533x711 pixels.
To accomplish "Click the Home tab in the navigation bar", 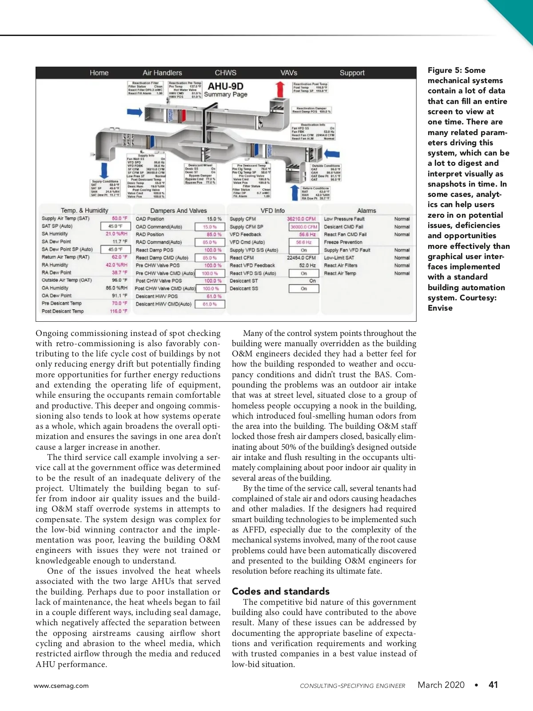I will [99, 73].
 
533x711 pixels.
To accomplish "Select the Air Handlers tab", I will [162, 73].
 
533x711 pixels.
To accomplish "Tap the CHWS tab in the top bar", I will [226, 73].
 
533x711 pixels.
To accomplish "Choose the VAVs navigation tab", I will [289, 73].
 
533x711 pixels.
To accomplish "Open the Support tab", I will [352, 73].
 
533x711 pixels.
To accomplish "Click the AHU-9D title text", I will [226, 86].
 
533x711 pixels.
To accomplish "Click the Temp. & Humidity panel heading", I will [84, 211].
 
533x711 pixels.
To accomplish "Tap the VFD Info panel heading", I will [273, 211].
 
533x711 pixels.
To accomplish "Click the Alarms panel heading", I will [366, 211].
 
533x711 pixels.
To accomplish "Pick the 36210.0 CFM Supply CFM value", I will [301, 219].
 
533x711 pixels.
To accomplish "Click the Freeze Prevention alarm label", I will [343, 242].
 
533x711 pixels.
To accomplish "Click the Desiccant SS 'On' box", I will [304, 288].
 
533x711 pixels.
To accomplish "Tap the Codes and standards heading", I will [281, 591].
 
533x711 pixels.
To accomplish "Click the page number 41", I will [493, 685].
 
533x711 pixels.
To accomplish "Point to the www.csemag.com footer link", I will [61, 686].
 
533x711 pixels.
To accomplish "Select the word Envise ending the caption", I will [440, 308].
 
